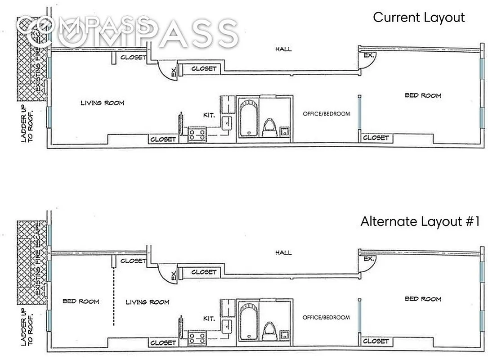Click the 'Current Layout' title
click(419, 18)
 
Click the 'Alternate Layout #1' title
click(421, 221)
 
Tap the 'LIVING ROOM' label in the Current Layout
click(103, 103)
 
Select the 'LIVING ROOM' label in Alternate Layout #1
click(148, 302)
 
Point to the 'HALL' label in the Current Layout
click(283, 49)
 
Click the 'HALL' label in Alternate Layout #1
click(283, 253)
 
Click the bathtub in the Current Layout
click(247, 118)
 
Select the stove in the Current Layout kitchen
click(197, 134)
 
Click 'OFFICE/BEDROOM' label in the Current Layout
click(326, 114)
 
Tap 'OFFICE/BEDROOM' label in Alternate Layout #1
click(326, 318)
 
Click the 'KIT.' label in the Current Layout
click(209, 115)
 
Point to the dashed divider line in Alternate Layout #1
click(114, 297)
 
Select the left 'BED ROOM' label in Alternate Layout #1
click(81, 301)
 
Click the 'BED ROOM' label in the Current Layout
click(423, 95)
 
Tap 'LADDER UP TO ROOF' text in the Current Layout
click(27, 124)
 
